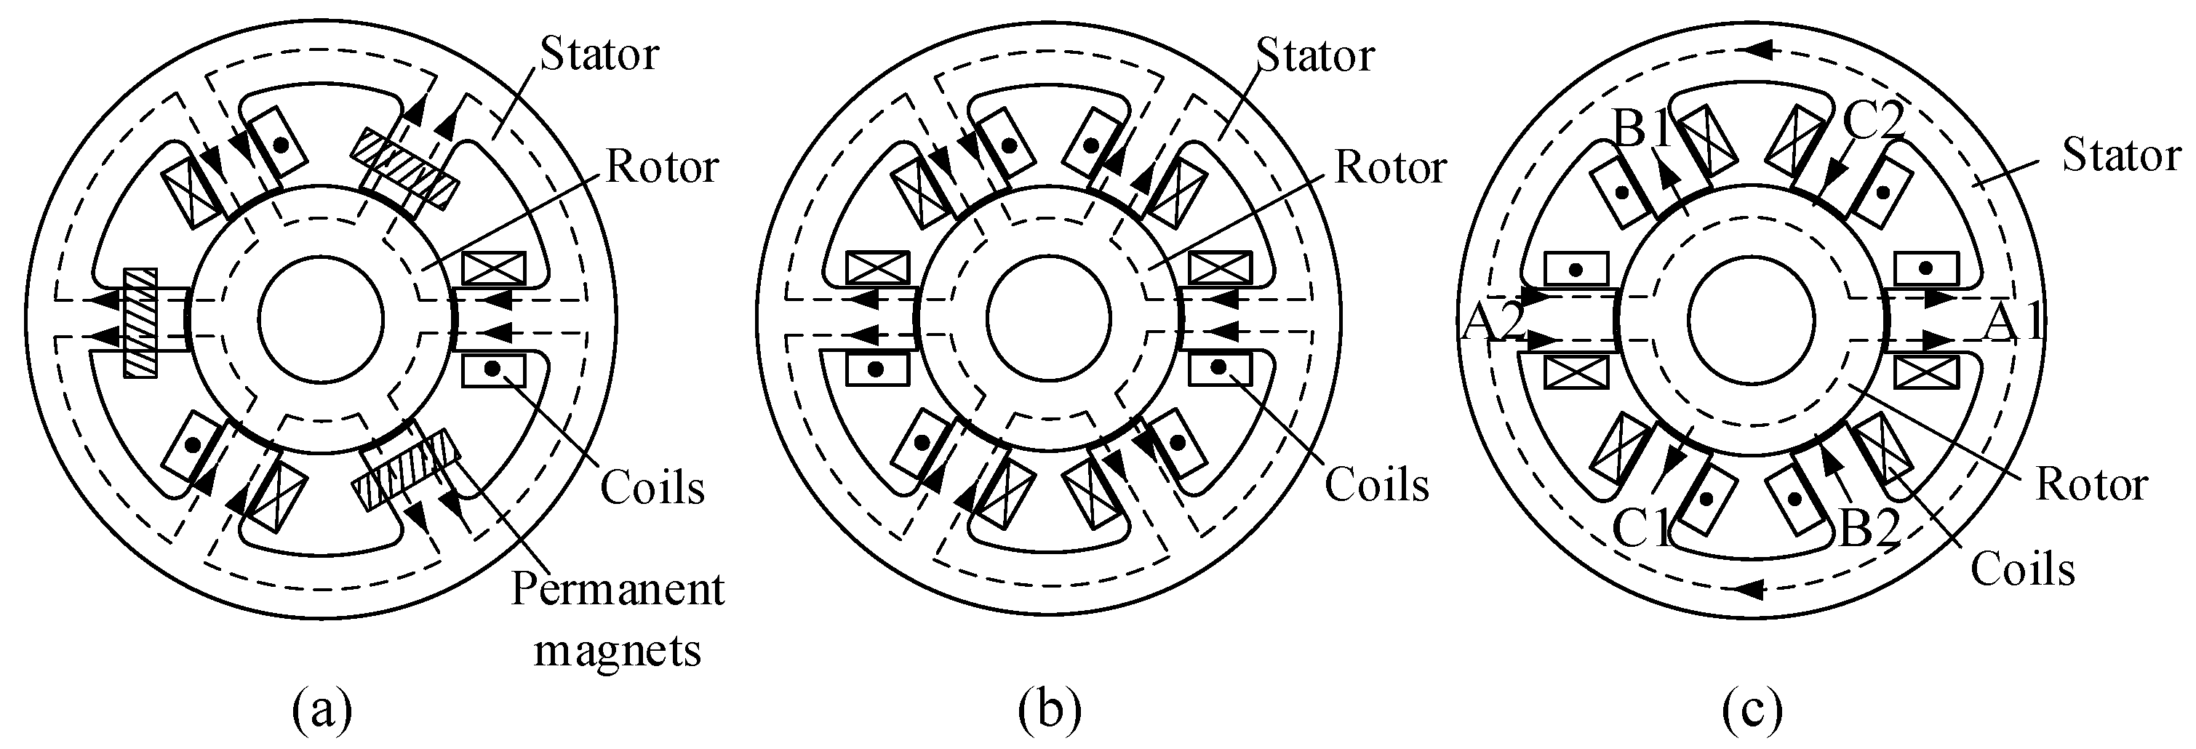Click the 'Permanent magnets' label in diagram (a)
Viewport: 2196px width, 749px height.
coord(618,620)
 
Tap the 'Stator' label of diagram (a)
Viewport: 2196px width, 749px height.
coord(599,55)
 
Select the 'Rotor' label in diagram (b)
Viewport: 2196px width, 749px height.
coord(1390,167)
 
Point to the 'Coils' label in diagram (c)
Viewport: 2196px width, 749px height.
coord(2022,569)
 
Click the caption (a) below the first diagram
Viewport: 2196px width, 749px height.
coord(322,710)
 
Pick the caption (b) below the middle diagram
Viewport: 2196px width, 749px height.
coord(1050,710)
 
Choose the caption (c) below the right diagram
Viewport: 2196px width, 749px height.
coord(1752,710)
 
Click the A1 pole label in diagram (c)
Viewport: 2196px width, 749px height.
coord(2013,324)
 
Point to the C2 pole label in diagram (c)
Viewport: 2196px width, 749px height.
coord(1872,124)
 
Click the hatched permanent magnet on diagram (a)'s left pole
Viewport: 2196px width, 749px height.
coord(140,322)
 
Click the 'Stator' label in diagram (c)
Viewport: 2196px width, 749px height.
coord(2121,156)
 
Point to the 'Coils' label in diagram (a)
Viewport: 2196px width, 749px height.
coord(652,488)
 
